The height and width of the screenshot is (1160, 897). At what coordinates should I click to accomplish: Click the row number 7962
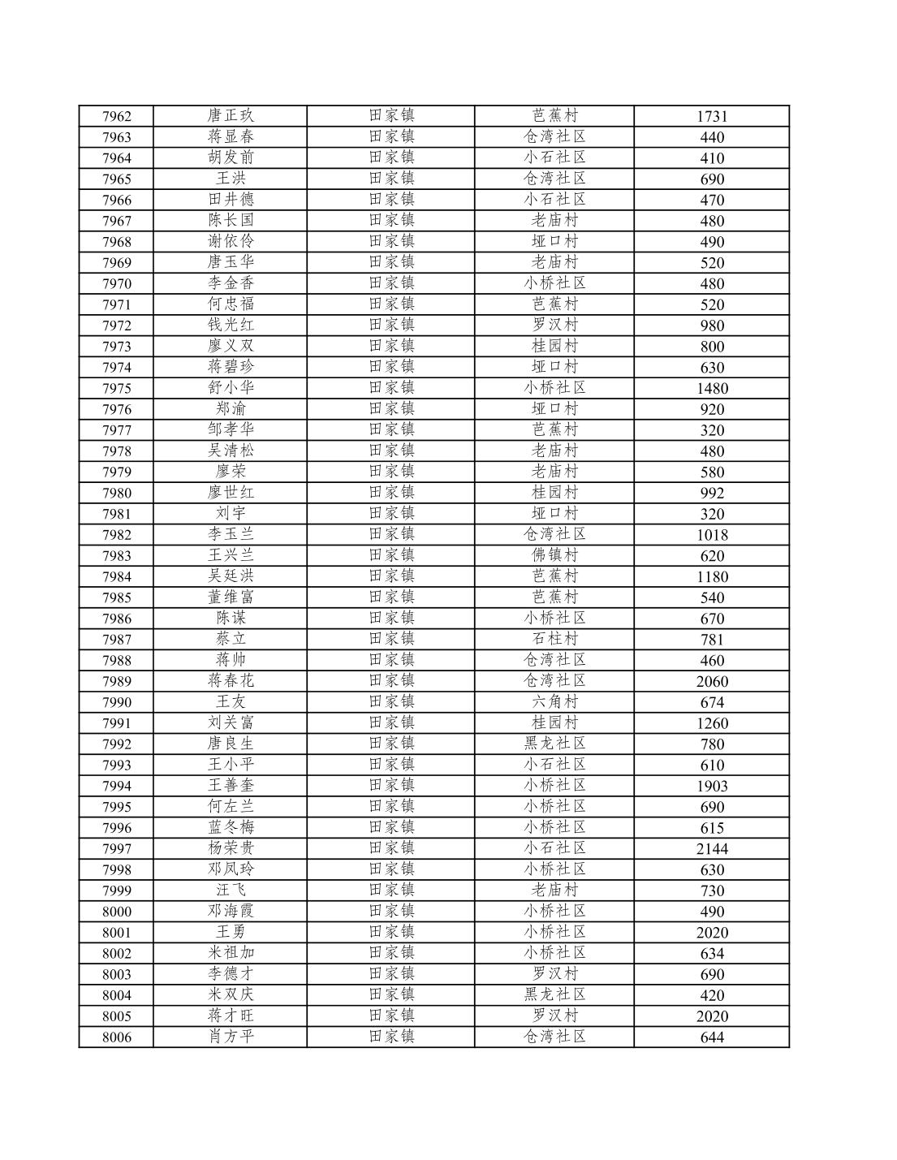coord(116,116)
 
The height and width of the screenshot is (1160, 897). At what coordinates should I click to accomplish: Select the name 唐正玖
coord(231,116)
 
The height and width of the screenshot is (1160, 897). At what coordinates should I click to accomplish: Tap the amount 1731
coord(711,116)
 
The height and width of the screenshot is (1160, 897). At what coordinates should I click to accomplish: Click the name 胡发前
coord(231,157)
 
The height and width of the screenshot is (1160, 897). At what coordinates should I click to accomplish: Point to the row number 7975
coord(116,388)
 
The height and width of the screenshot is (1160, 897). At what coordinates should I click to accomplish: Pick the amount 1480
coord(711,388)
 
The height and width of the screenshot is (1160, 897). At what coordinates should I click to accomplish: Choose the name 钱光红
coord(231,326)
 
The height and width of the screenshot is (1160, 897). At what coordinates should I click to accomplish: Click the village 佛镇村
coord(554,555)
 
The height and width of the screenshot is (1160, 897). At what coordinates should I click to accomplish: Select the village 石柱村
coord(554,639)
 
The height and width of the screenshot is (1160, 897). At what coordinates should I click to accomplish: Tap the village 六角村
coord(554,702)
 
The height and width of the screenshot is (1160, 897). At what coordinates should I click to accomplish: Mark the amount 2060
coord(711,681)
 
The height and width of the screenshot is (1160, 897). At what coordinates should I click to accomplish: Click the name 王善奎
coord(231,786)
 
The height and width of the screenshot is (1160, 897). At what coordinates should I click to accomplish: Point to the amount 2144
coord(711,848)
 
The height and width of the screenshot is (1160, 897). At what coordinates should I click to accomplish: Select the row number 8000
coord(116,912)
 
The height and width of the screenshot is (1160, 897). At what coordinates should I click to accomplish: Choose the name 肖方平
coord(231,1037)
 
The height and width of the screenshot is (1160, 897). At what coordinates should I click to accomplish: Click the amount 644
coord(711,1037)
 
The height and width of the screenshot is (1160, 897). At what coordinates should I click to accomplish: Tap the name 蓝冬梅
coord(231,827)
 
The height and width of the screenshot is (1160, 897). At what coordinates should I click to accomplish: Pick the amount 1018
coord(711,534)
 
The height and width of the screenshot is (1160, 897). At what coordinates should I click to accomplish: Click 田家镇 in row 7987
coord(391,639)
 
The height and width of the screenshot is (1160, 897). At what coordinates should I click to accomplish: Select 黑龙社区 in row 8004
coord(554,995)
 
